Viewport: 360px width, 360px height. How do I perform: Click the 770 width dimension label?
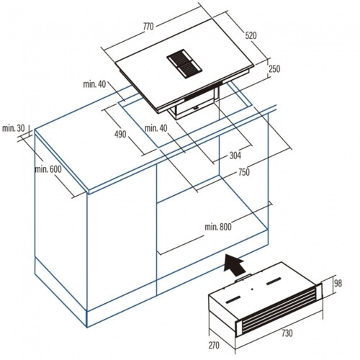tap(148, 27)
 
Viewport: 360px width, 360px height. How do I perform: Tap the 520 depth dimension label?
tap(251, 35)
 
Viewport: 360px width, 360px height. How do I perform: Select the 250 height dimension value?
tap(274, 69)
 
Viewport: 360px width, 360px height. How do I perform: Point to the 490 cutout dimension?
tap(120, 134)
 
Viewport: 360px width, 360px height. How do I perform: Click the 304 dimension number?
tap(235, 156)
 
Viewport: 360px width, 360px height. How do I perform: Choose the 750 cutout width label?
tap(244, 172)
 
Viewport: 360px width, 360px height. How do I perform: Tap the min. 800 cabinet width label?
tap(218, 227)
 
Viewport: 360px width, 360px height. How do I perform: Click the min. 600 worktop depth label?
tap(48, 169)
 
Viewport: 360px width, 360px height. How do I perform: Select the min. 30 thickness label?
tap(14, 128)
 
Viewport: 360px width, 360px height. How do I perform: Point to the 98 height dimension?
tap(338, 284)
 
